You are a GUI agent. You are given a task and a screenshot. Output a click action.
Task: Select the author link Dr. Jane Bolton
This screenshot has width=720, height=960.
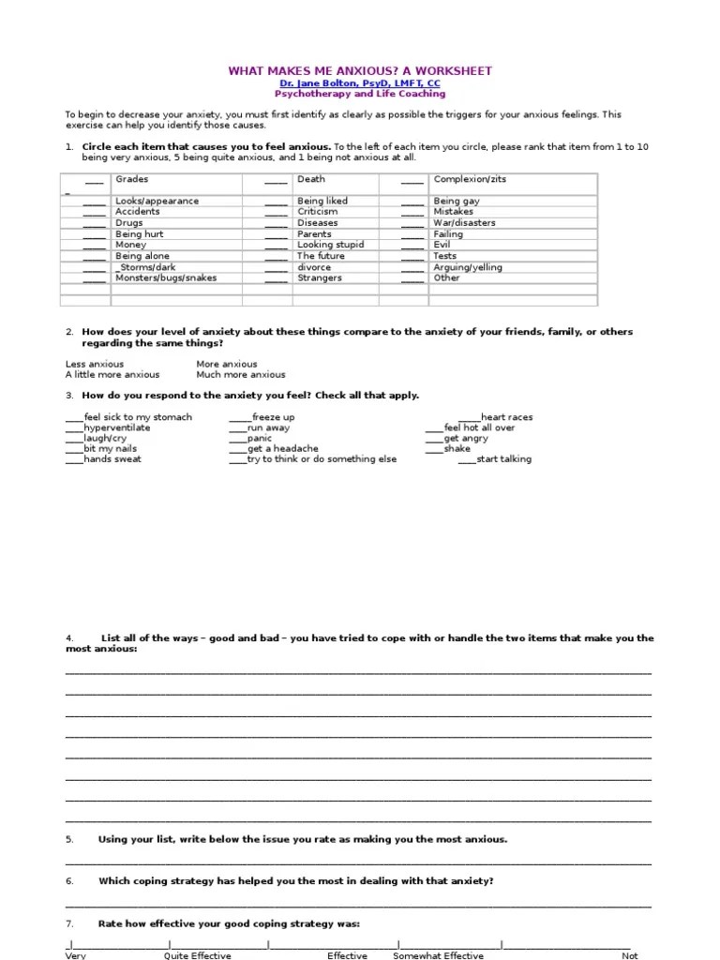point(360,83)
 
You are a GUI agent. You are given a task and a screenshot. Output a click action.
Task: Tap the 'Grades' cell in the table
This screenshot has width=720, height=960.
point(132,179)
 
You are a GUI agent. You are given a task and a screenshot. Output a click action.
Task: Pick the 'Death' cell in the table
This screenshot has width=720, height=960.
point(311,179)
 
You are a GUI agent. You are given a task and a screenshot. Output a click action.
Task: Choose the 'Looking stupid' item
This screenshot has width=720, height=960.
point(330,245)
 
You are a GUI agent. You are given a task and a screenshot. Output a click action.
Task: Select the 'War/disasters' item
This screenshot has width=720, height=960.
point(464,223)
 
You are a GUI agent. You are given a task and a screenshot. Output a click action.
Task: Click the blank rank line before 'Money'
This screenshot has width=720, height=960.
point(94,246)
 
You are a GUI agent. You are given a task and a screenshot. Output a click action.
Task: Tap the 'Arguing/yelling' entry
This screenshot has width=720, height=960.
point(468,267)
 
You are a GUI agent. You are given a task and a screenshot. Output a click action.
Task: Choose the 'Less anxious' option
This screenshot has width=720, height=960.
point(95,364)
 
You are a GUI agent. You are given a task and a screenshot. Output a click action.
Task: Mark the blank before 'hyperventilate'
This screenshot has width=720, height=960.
point(74,428)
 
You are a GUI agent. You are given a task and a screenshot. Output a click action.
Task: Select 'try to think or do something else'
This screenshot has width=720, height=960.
point(322,459)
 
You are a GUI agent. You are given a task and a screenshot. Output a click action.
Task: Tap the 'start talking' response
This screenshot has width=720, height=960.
point(503,459)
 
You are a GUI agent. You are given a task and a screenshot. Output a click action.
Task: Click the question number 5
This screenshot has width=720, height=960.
point(69,839)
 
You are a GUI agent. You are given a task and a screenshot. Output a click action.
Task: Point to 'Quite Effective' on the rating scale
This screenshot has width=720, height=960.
point(197,954)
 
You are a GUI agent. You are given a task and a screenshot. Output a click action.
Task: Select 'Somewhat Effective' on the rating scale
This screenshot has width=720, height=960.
point(438,954)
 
